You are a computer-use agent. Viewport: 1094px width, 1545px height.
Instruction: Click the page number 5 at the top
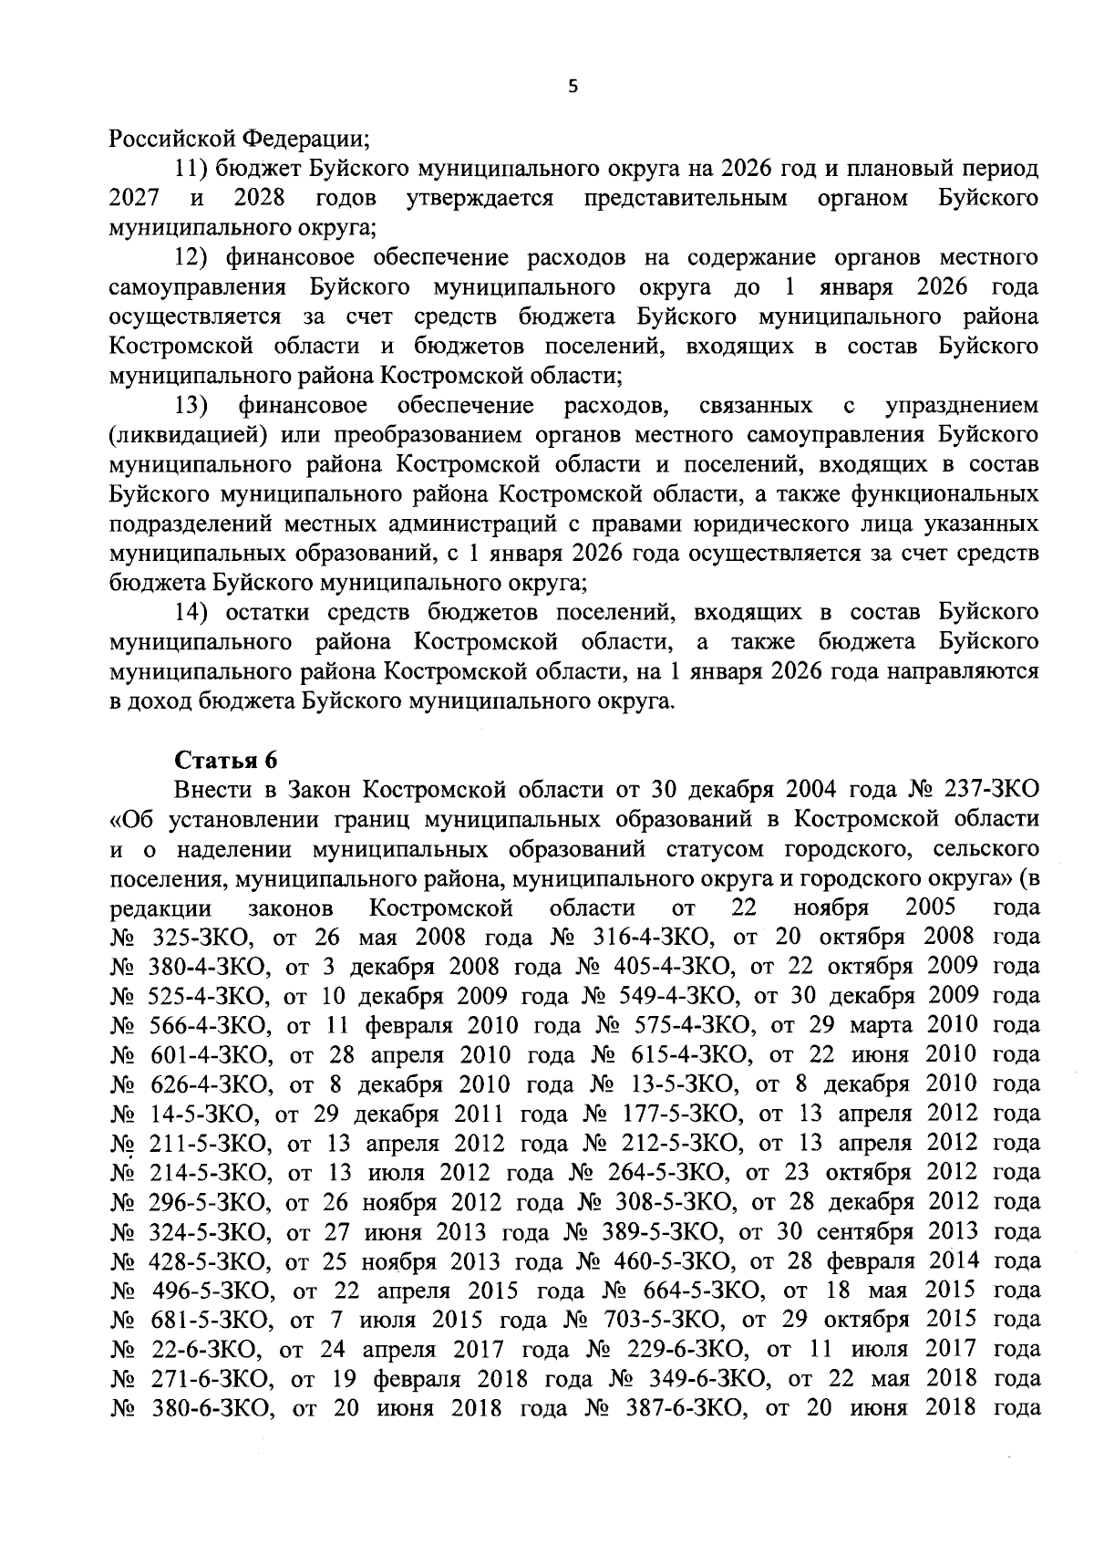(x=573, y=87)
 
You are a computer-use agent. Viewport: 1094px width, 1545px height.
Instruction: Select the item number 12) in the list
(x=193, y=258)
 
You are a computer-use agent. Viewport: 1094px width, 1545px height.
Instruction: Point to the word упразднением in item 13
(x=962, y=405)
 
